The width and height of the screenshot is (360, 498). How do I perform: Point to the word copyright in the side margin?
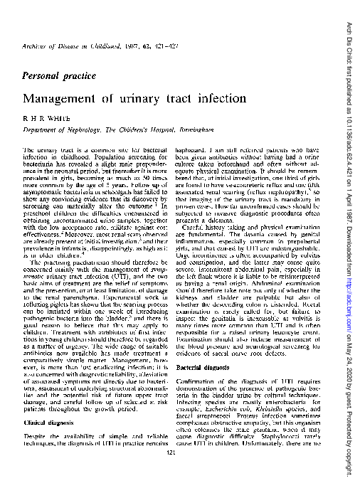coord(348,469)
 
